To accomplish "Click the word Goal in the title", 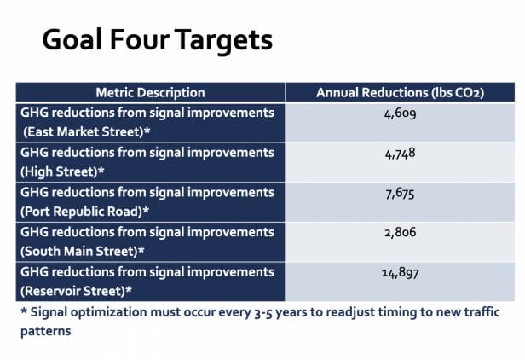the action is (x=72, y=39).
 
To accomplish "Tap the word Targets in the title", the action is (x=223, y=41).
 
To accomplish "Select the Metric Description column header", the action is (x=150, y=92).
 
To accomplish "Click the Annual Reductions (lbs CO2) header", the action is (x=400, y=92).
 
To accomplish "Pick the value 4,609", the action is (x=400, y=114).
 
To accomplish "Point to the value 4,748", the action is (x=400, y=154).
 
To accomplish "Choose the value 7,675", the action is (x=400, y=194).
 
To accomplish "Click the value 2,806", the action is (x=400, y=232).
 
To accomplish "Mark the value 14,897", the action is (x=400, y=273).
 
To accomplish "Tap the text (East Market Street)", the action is (x=84, y=131).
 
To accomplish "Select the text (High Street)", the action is (x=59, y=171).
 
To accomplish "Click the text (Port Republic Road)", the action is (x=81, y=212).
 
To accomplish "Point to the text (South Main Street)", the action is (x=79, y=252).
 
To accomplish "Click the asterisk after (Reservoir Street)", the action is (x=129, y=289).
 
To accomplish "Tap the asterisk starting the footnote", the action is (x=24, y=311).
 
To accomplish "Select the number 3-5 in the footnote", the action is (x=263, y=313).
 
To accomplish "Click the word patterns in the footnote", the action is (x=45, y=332).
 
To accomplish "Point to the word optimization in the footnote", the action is (x=108, y=312).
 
